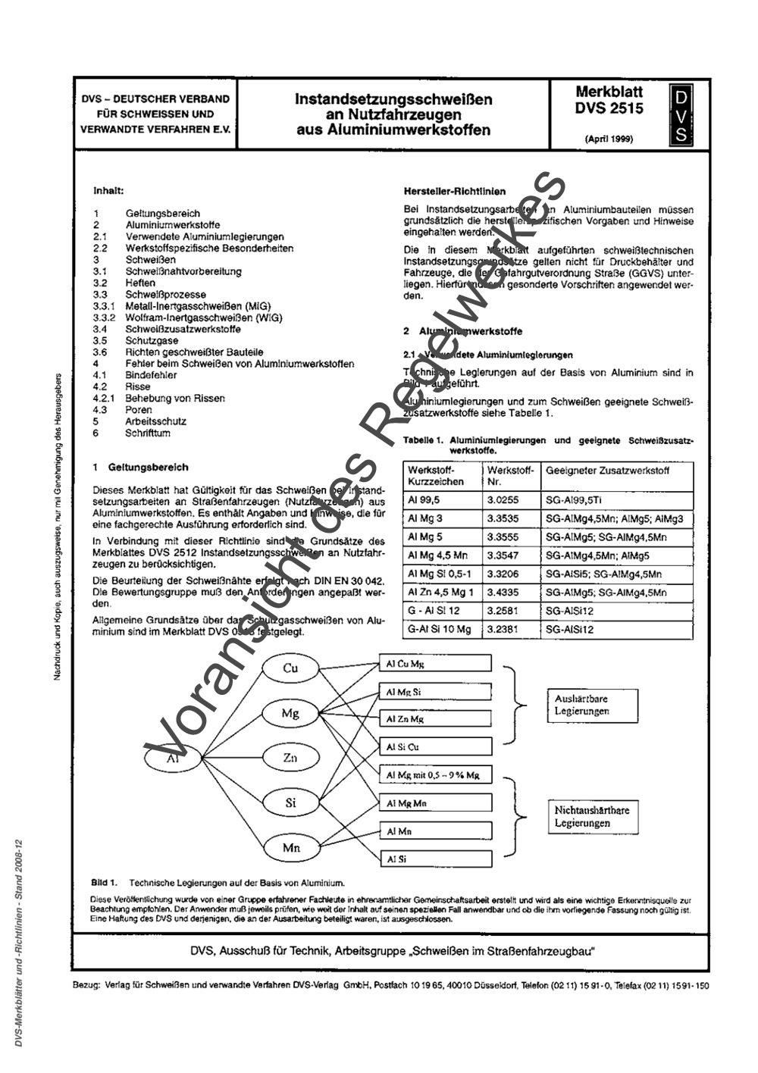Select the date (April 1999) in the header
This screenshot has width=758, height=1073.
coord(609,139)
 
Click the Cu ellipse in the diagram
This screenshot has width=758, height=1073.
coord(291,668)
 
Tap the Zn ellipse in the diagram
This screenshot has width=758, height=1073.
coord(291,757)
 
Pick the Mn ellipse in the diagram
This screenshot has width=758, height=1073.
coord(291,847)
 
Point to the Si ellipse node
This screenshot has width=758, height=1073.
coord(291,802)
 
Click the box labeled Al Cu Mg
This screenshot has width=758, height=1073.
coord(435,664)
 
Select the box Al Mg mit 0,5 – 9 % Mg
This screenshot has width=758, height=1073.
coord(435,775)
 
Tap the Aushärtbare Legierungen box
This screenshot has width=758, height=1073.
coord(585,705)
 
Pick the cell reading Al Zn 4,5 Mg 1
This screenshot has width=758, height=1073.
coord(442,592)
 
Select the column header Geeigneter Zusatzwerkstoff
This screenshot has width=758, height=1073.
coord(607,470)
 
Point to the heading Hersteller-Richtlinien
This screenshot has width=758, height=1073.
coord(455,191)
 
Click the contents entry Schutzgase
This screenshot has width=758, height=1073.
coord(142,340)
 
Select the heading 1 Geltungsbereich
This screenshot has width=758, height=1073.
coord(141,468)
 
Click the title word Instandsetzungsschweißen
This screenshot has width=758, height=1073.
coord(393,99)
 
